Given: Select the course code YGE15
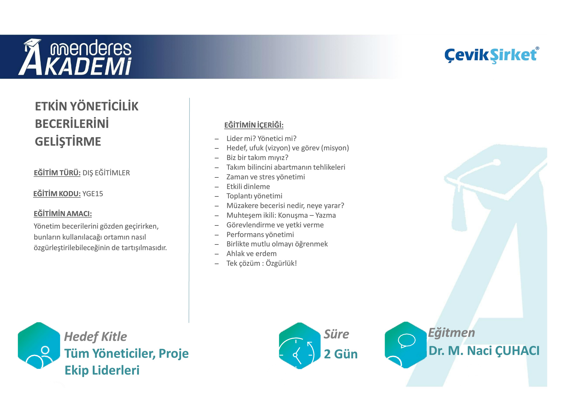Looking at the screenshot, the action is click(93, 194).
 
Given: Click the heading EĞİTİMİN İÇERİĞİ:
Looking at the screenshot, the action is click(254, 125).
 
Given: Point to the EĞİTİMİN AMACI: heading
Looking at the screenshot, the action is click(63, 214).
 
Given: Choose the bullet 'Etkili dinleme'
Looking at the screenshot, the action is click(248, 186).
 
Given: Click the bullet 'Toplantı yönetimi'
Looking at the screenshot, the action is click(254, 196).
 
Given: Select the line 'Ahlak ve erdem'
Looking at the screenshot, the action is click(252, 254).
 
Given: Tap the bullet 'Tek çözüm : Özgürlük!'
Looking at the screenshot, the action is click(262, 263).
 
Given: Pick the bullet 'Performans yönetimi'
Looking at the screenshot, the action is click(260, 235).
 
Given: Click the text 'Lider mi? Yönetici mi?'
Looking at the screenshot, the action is click(261, 138).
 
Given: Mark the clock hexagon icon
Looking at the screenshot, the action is click(300, 346).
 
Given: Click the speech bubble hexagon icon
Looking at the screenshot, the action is click(406, 345).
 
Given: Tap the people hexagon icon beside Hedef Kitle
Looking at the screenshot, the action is click(39, 346).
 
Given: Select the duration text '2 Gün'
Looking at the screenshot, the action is click(341, 354).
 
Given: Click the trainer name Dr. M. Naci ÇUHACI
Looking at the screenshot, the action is click(484, 351).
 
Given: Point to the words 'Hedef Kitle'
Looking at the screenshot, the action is click(96, 337).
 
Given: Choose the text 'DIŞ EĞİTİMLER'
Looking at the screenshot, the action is click(106, 173).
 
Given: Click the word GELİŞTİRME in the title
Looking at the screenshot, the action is click(68, 142).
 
